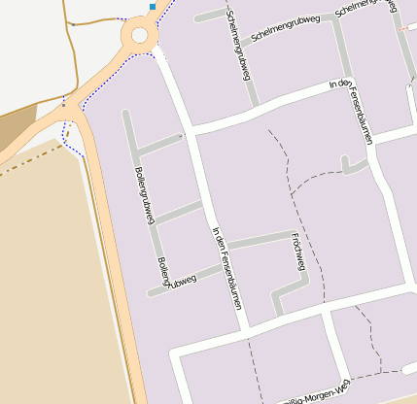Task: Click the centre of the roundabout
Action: click(x=139, y=37)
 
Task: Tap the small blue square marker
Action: click(x=153, y=7)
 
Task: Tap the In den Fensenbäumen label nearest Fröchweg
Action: click(x=226, y=268)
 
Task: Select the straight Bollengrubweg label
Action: click(x=143, y=196)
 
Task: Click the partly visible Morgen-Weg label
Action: click(x=311, y=393)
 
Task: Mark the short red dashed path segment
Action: click(x=402, y=25)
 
